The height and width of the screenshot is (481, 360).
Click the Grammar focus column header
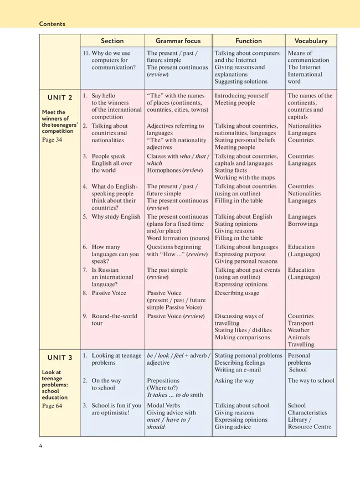coord(178,41)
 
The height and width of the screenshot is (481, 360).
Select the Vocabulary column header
coord(311,41)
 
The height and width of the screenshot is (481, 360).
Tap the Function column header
coord(249,41)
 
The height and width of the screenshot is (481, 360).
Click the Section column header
coord(112,41)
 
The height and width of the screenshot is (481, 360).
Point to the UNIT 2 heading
coord(60,98)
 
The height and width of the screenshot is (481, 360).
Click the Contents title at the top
coord(52,24)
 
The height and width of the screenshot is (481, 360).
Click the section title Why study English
coord(116,217)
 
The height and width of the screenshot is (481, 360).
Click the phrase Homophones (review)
coord(174,170)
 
